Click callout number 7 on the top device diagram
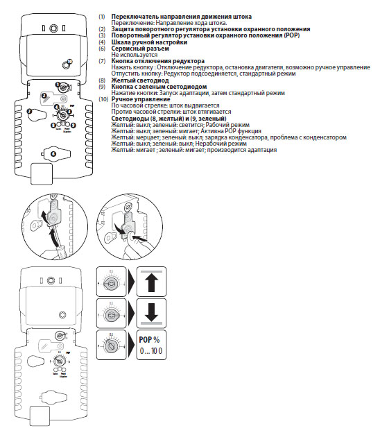coord(29,111)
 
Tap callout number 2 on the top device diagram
coord(43,95)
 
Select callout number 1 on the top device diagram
coord(57,85)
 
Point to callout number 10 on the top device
coord(69,62)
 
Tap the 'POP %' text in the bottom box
coord(148,340)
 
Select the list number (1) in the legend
coord(102,15)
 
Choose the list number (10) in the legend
coord(103,99)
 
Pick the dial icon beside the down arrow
coord(111,314)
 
